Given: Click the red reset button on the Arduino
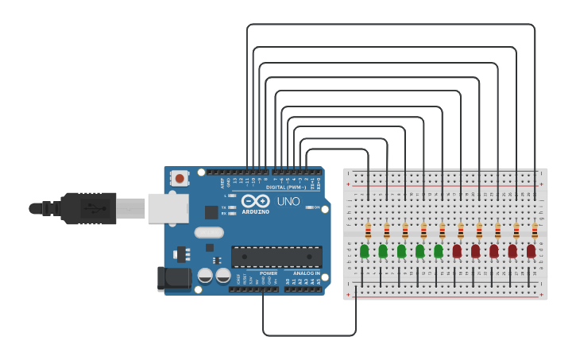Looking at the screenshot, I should tap(180, 179).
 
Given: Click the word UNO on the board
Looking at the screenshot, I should tap(288, 202).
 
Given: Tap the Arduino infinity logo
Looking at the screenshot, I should tap(256, 201).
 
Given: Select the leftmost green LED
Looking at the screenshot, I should tap(365, 251).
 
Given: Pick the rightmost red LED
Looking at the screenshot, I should tap(531, 251).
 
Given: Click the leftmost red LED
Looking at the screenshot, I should tap(457, 251).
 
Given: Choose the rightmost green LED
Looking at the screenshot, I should tap(439, 251).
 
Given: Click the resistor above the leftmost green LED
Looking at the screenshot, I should tap(368, 230).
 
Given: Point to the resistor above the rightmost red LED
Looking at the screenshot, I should tap(535, 230).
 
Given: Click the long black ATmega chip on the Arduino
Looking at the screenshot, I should tap(276, 257).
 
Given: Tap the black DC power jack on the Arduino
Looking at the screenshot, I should tap(174, 278).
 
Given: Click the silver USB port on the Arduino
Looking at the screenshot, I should tap(168, 208).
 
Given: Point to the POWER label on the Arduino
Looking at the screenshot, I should tap(269, 273).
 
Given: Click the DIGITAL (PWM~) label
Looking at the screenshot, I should tap(286, 187).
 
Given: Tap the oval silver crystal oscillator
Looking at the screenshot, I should tap(209, 233).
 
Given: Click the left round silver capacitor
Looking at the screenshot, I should tap(205, 275).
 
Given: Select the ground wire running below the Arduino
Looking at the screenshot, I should tap(309, 335).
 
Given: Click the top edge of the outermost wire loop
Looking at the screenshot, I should tap(389, 25).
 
